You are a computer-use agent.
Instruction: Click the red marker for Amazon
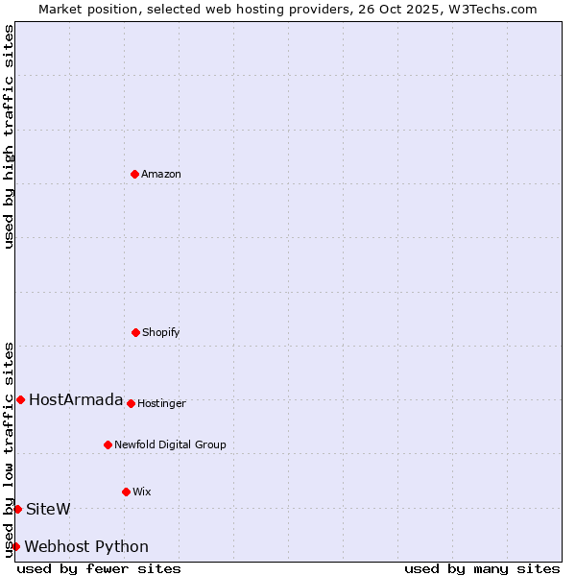point(134,174)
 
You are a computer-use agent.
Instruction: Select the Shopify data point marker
point(135,332)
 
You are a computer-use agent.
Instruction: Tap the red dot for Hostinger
point(131,403)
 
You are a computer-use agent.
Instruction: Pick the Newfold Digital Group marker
point(108,444)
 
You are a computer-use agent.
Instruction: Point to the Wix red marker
point(126,492)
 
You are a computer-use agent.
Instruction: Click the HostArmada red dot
point(20,399)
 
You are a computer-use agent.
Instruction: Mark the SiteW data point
point(17,509)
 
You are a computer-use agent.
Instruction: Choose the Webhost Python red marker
point(15,546)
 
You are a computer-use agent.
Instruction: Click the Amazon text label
point(161,174)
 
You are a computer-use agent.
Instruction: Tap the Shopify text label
point(161,332)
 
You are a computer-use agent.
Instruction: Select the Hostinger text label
point(161,403)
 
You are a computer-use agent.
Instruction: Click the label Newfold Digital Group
point(170,444)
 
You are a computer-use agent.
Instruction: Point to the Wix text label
point(142,492)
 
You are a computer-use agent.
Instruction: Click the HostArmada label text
point(76,399)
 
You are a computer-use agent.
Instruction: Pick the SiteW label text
point(48,509)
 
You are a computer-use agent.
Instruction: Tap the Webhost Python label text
point(86,546)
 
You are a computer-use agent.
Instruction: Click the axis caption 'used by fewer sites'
point(99,568)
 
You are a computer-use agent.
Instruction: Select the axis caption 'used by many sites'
point(482,568)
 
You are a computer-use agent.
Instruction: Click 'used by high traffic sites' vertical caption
point(9,136)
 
